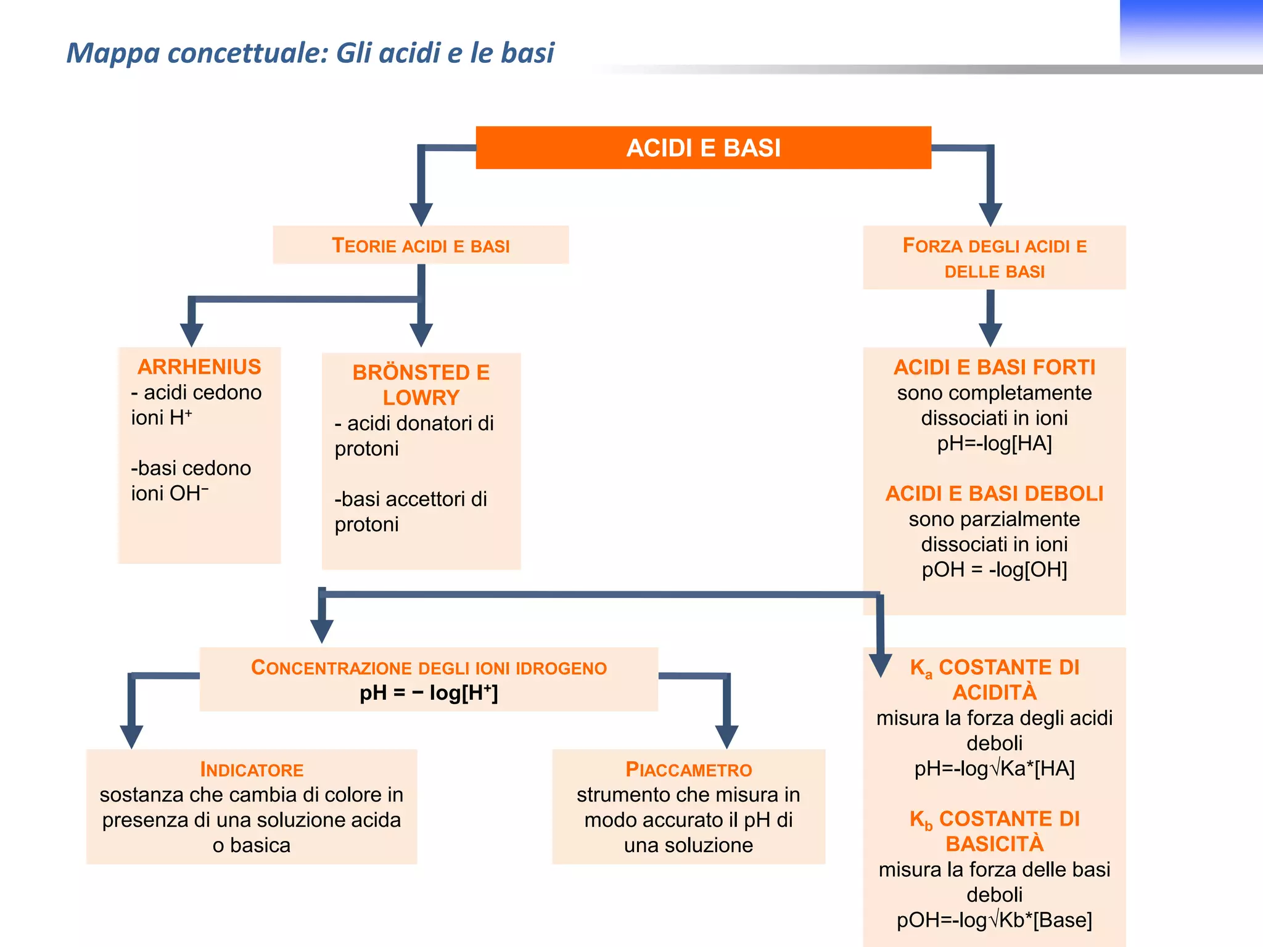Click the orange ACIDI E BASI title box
coord(703,148)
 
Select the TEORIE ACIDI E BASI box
coord(421,245)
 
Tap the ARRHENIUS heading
coord(199,367)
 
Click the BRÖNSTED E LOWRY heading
coord(421,385)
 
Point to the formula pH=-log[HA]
coord(994,443)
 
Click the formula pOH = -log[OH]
coord(994,570)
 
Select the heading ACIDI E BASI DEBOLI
coord(994,494)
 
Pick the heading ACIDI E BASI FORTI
coord(994,367)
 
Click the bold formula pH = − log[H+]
coord(429,693)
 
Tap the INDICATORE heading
coord(252,769)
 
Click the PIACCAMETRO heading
coord(688,769)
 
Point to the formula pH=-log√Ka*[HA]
coord(994,769)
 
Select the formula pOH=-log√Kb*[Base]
coord(994,920)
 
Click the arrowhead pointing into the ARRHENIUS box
coord(192,335)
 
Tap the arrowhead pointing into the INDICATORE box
coord(131,736)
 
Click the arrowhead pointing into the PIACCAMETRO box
coord(727,736)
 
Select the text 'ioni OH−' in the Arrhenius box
coord(170,493)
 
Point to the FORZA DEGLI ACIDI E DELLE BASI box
coord(994,258)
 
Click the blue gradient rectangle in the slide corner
coord(1190,31)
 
